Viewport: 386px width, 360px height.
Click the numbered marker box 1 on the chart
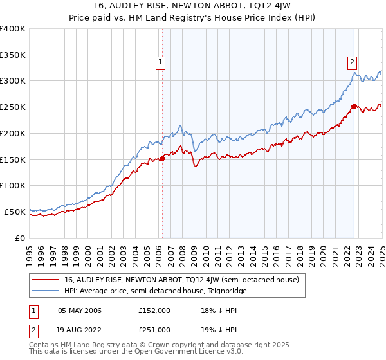click(160, 62)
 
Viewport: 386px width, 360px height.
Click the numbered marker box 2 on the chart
click(353, 62)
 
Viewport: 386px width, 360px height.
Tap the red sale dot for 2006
click(162, 159)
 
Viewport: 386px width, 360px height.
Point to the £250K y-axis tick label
click(13, 107)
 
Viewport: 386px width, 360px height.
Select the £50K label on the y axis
click(15, 212)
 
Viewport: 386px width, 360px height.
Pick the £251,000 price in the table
click(154, 329)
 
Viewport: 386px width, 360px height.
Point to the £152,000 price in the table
click(154, 310)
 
